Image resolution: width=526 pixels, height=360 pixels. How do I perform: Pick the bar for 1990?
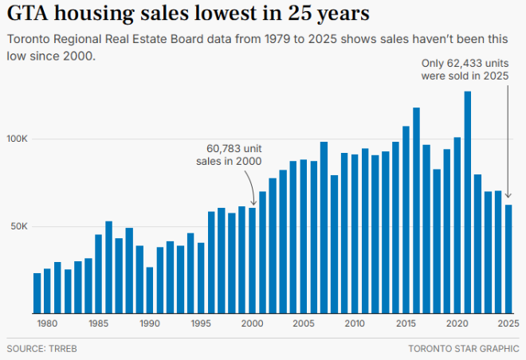(150, 290)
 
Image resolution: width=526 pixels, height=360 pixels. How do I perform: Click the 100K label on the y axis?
(18, 139)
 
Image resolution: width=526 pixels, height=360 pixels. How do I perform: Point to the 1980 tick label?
(47, 324)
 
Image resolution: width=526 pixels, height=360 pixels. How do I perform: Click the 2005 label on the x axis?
(303, 324)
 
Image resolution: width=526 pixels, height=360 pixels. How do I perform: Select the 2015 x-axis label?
(406, 324)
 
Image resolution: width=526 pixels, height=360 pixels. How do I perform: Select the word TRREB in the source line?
(63, 349)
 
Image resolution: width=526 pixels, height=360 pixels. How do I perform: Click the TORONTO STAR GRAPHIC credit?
(463, 349)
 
